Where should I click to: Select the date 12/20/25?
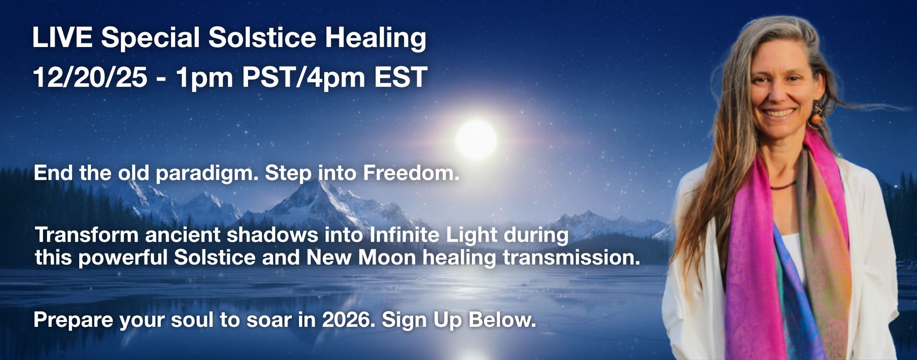pos(90,77)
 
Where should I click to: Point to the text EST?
pos(401,77)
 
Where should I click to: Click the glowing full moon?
pos(476,139)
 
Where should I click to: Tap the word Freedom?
pos(411,173)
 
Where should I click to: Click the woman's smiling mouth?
pos(778,112)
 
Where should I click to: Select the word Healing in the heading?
pos(375,39)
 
